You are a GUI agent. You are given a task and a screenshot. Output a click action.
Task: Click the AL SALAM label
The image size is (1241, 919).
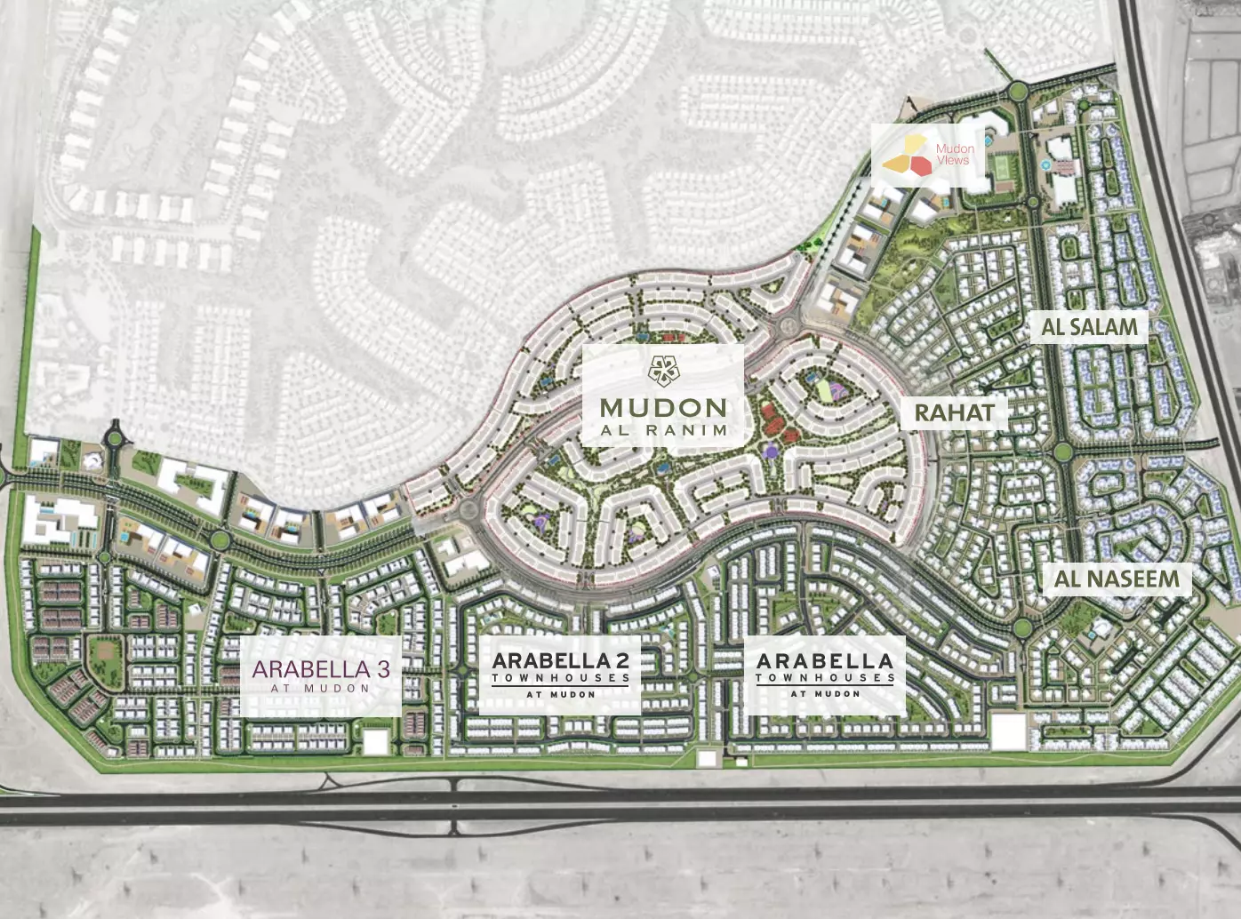tap(1089, 327)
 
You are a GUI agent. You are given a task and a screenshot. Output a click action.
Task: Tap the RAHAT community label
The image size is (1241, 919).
tap(954, 412)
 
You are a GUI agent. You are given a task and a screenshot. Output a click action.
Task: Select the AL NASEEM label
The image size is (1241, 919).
tap(1117, 579)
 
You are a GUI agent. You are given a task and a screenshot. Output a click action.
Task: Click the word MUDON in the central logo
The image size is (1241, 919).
tap(663, 408)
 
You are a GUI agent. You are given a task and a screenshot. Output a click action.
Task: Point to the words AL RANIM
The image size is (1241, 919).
tap(663, 430)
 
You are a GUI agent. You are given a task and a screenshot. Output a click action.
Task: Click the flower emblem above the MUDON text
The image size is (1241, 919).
tap(663, 371)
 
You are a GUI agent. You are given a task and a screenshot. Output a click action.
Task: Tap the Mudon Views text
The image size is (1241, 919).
tap(954, 155)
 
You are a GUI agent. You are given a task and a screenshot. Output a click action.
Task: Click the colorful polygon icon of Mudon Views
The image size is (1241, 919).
tap(907, 155)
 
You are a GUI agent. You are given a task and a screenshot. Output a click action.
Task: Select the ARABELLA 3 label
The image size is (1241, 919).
tap(320, 669)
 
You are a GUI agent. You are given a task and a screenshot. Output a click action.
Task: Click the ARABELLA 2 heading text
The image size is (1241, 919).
tap(560, 660)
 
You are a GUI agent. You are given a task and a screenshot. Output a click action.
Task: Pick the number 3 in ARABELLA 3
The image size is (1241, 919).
tap(383, 669)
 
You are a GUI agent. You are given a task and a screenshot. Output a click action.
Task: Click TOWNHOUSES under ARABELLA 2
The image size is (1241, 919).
tap(560, 678)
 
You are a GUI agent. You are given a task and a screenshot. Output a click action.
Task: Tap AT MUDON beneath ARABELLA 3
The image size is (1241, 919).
tap(320, 688)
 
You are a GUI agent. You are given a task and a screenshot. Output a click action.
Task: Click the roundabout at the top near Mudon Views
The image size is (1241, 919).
tap(1018, 90)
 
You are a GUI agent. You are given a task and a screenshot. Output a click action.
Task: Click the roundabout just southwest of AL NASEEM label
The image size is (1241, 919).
tap(1022, 628)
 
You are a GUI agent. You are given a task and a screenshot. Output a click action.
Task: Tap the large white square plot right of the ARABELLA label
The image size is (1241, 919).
tap(1008, 733)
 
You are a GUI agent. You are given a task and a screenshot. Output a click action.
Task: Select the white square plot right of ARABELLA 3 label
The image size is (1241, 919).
tap(375, 741)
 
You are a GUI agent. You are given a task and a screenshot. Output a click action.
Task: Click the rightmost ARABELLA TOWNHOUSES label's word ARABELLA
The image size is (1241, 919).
tap(824, 661)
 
